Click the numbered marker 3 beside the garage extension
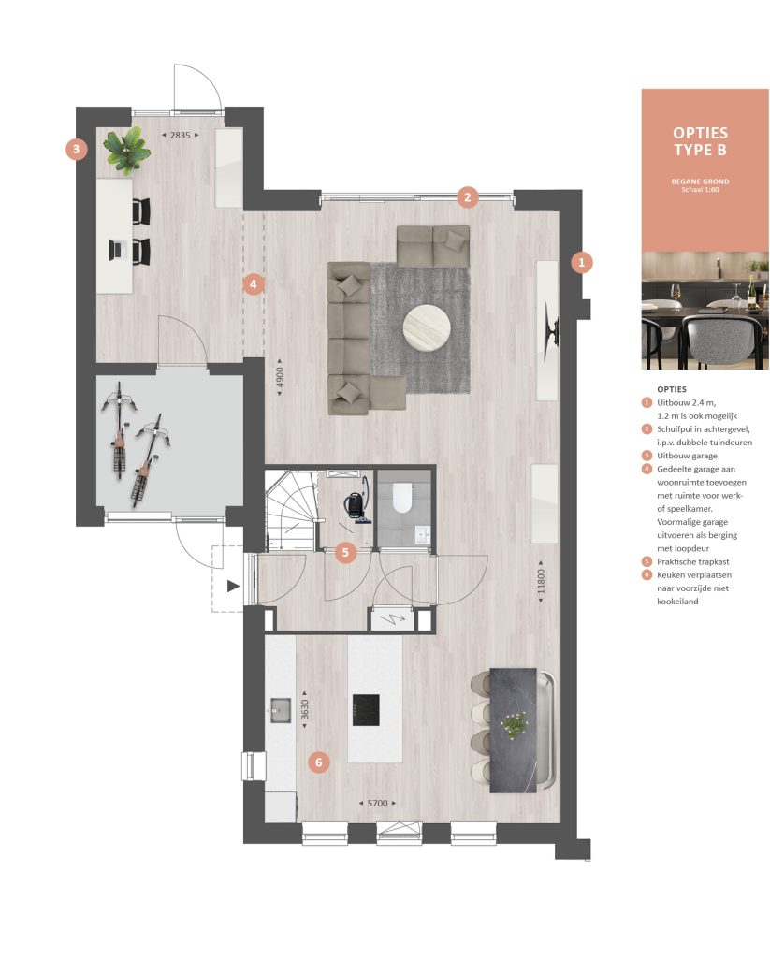click(77, 149)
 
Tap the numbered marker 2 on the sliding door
click(468, 196)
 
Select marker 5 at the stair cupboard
click(345, 553)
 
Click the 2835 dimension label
click(181, 135)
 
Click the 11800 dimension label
click(540, 582)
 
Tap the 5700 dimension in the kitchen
click(377, 803)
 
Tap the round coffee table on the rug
click(428, 328)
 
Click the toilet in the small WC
click(402, 498)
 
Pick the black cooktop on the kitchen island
click(366, 710)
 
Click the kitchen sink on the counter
click(281, 710)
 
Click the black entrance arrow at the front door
click(233, 587)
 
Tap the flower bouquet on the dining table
click(515, 724)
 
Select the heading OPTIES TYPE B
click(701, 141)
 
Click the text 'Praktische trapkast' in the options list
click(693, 561)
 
